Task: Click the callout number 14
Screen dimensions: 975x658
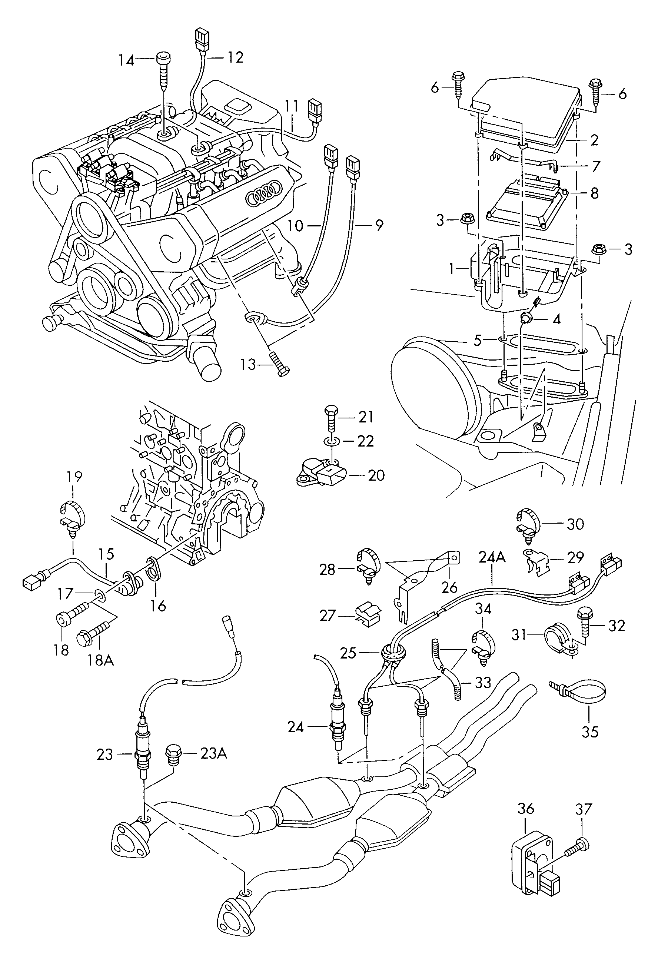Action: click(125, 60)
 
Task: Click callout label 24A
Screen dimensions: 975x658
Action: click(492, 557)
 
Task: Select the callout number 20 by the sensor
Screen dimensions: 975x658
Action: click(376, 475)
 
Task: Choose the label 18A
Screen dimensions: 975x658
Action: click(101, 660)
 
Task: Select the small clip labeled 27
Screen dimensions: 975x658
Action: click(368, 615)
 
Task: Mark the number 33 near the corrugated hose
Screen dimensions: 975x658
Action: click(482, 683)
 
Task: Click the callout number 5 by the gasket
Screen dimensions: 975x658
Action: click(477, 340)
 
